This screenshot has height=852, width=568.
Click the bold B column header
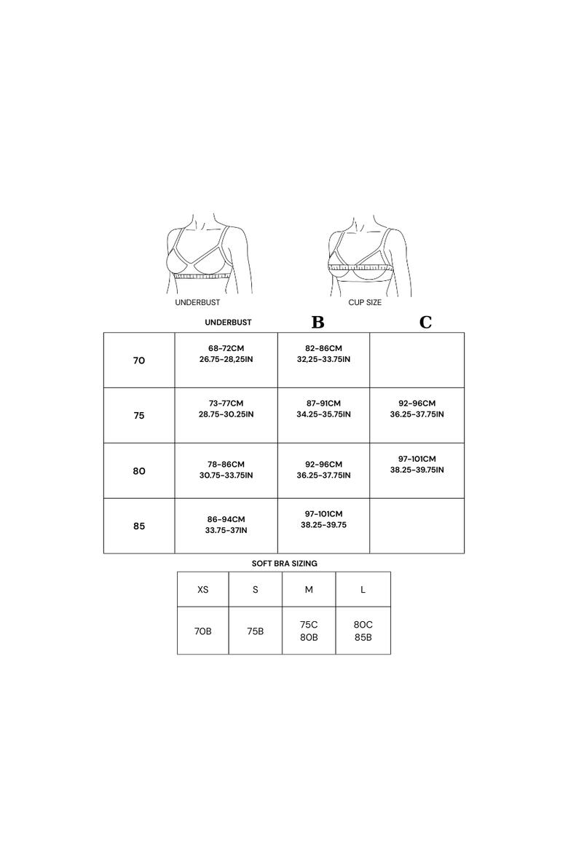pyautogui.click(x=318, y=322)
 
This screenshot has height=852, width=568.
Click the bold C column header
pyautogui.click(x=425, y=322)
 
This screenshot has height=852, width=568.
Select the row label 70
pyautogui.click(x=139, y=360)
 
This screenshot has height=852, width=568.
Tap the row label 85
pyautogui.click(x=139, y=526)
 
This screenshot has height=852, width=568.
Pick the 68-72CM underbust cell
pyautogui.click(x=226, y=360)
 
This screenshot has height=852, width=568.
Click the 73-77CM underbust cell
pyautogui.click(x=226, y=416)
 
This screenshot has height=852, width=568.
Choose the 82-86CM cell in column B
pyautogui.click(x=324, y=360)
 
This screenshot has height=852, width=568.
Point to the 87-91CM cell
pyautogui.click(x=324, y=416)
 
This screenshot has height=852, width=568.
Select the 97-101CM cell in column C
pyautogui.click(x=417, y=470)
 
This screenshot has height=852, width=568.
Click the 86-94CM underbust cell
pyautogui.click(x=226, y=526)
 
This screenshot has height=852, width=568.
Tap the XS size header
pyautogui.click(x=202, y=590)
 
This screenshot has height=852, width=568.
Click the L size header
pyautogui.click(x=363, y=590)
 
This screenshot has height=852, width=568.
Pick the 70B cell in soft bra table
pyautogui.click(x=202, y=631)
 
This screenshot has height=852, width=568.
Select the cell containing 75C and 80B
pyautogui.click(x=309, y=631)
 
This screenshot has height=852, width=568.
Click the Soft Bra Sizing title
pyautogui.click(x=284, y=564)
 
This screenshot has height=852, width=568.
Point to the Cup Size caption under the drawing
pyautogui.click(x=365, y=302)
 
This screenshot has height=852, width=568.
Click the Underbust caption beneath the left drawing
pyautogui.click(x=197, y=302)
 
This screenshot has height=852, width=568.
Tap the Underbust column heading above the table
pyautogui.click(x=228, y=322)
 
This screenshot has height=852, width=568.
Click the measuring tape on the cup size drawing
pyautogui.click(x=360, y=267)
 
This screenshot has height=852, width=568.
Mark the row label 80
pyautogui.click(x=139, y=470)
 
